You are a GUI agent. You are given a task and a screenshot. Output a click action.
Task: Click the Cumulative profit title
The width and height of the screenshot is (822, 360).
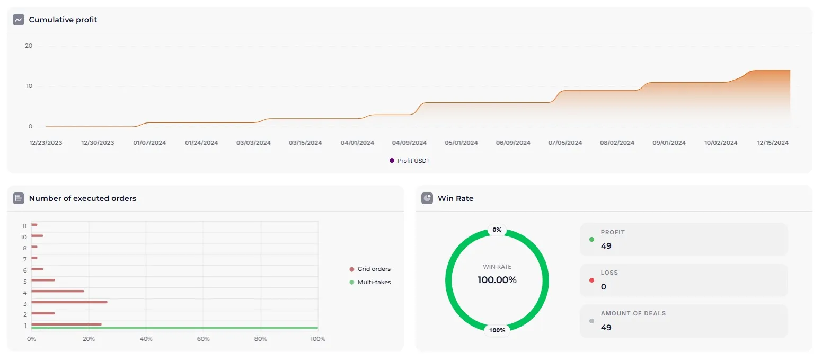63,20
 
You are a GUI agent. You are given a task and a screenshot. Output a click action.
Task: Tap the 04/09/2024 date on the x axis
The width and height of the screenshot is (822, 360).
409,143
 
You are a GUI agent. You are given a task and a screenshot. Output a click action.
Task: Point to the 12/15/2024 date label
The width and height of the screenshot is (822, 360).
773,143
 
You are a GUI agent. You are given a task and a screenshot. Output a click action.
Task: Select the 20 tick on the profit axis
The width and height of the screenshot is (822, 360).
29,46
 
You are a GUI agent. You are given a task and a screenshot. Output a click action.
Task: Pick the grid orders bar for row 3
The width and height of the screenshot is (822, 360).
69,302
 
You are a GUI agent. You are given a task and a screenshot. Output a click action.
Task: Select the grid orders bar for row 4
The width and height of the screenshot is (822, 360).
58,291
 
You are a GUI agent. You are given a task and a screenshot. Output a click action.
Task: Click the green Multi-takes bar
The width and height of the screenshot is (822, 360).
175,328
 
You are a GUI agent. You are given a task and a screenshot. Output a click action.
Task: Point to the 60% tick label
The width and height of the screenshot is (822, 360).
203,339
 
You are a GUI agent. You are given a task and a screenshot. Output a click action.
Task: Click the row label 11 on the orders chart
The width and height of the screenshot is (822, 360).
24,225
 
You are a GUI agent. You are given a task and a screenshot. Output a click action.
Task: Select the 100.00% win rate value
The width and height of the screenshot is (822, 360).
497,280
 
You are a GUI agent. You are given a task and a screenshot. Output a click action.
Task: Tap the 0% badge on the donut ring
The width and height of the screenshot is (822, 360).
497,230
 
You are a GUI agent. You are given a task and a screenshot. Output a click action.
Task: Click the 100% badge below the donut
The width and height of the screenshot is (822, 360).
497,330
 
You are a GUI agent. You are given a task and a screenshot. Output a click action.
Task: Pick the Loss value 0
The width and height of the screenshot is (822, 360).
604,287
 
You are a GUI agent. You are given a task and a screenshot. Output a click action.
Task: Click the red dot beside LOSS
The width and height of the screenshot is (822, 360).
591,280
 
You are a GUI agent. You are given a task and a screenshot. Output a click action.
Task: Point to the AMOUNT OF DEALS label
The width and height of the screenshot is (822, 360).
633,313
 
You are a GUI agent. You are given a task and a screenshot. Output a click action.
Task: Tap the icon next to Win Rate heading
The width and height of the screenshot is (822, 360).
427,198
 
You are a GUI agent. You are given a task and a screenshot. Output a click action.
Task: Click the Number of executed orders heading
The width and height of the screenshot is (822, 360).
82,198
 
